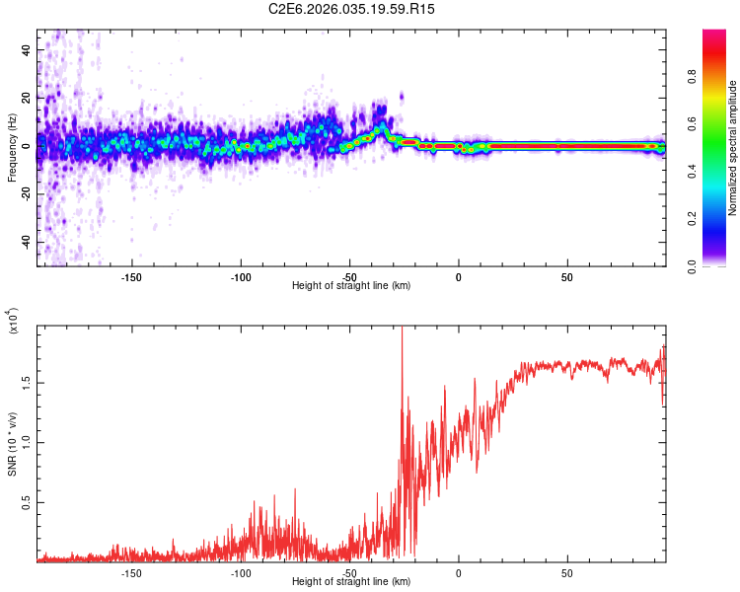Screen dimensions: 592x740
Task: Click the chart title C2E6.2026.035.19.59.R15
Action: click(351, 9)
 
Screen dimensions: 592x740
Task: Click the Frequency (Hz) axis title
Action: click(12, 148)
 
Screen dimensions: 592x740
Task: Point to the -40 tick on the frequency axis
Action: click(26, 242)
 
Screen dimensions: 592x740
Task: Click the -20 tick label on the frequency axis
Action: click(26, 193)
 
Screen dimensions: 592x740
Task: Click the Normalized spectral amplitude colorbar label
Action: click(733, 148)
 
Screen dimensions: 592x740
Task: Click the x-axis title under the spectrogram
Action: click(351, 286)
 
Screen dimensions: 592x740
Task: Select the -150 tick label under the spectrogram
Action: click(131, 277)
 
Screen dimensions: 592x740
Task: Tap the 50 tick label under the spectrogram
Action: click(567, 277)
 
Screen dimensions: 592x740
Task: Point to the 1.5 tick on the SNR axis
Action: click(28, 382)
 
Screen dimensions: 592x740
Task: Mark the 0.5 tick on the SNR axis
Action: click(28, 502)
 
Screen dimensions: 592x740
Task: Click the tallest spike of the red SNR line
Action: click(402, 332)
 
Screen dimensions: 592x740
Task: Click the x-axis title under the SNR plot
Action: click(351, 582)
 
